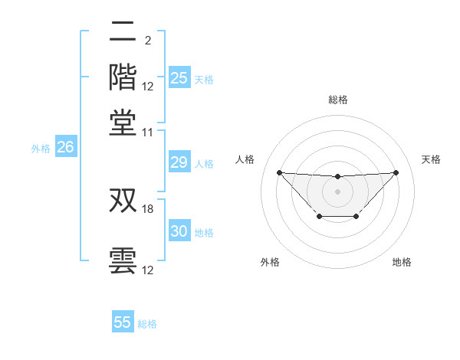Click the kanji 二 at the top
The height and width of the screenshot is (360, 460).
(x=123, y=32)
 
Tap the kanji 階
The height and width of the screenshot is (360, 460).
(x=123, y=77)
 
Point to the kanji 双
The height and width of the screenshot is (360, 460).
(x=123, y=201)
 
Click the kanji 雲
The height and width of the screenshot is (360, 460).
(x=123, y=259)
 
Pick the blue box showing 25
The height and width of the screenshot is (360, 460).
(x=179, y=77)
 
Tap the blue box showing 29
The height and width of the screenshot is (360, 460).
(x=179, y=162)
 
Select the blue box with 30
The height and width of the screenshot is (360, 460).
(x=179, y=231)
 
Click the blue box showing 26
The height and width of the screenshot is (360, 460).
(x=65, y=148)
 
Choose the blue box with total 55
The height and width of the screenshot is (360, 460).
(x=123, y=322)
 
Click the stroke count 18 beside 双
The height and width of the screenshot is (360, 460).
(x=149, y=208)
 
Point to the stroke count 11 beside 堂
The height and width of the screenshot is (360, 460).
(x=148, y=133)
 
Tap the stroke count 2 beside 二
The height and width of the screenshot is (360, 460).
(x=147, y=40)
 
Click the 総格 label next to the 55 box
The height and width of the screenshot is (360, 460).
(x=147, y=324)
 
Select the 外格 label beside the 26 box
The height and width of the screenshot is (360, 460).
(x=41, y=149)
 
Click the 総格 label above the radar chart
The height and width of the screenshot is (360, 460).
(x=337, y=100)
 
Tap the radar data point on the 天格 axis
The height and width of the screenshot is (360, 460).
(x=396, y=172)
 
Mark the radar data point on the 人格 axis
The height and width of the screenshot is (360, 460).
(x=279, y=172)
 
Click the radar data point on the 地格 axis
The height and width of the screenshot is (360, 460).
(x=356, y=217)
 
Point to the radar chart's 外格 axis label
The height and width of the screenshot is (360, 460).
(x=270, y=262)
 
